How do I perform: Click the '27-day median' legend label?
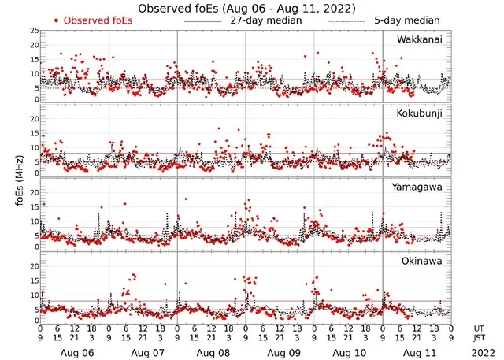[268, 20]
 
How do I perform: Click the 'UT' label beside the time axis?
[480, 328]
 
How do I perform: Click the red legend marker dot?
[56, 20]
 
